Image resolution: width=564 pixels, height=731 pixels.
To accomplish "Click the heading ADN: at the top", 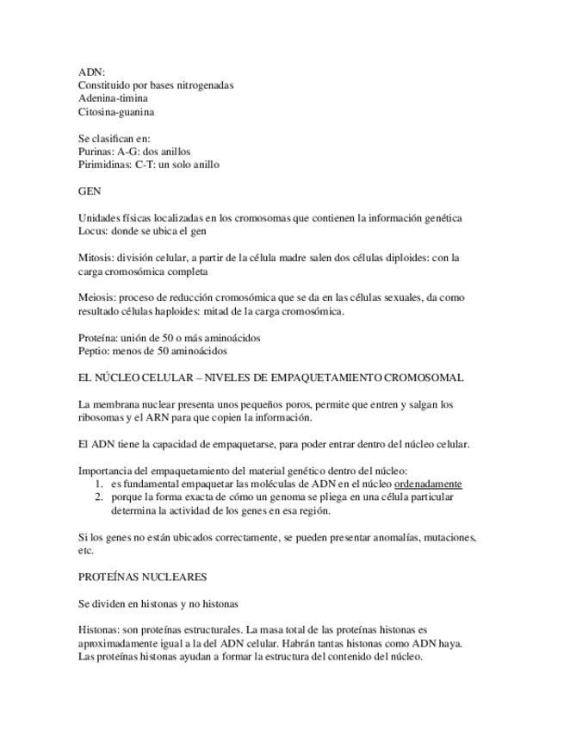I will tap(91, 72).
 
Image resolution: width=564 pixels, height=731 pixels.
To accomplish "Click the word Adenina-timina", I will tap(112, 98).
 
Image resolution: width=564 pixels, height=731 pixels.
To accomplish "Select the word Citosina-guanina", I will tap(116, 111).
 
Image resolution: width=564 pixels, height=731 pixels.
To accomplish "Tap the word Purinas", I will tap(95, 151).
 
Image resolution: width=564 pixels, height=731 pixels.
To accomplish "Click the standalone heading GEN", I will tap(90, 191).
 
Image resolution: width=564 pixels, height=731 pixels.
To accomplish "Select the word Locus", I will tap(92, 231).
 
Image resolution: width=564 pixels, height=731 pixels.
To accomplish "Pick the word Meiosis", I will tap(96, 297).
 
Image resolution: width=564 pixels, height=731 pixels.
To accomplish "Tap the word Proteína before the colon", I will tap(97, 338).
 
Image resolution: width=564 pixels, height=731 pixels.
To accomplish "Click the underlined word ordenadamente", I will tap(428, 484).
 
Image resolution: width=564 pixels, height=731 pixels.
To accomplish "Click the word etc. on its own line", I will tap(85, 550).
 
